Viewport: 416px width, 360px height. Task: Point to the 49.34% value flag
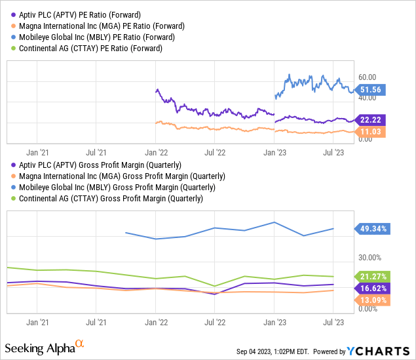pyautogui.click(x=374, y=229)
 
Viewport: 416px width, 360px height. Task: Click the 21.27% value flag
pyautogui.click(x=374, y=276)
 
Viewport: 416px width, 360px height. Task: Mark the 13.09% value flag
pyautogui.click(x=374, y=300)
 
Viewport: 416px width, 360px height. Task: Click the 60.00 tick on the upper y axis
pyautogui.click(x=368, y=77)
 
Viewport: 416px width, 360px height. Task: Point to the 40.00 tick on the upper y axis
pyautogui.click(x=368, y=98)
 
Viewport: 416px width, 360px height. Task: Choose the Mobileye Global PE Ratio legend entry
pyautogui.click(x=88, y=37)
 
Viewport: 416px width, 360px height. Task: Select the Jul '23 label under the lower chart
pyautogui.click(x=334, y=323)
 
